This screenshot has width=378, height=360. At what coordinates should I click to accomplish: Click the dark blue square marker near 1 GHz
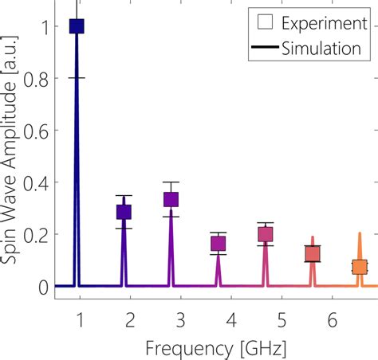click(x=77, y=26)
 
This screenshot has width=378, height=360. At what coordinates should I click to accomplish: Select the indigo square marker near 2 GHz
click(x=124, y=212)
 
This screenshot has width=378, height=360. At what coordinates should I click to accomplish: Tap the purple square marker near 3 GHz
click(x=171, y=199)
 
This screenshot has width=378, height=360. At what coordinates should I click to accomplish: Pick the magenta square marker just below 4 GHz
click(x=218, y=244)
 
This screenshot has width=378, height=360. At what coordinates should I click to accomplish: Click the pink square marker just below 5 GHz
click(x=266, y=234)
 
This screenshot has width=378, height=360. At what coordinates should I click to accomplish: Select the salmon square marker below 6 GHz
click(x=313, y=254)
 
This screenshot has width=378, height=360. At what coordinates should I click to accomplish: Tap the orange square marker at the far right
click(x=360, y=267)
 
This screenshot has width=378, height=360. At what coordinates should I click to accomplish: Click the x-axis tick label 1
click(x=80, y=320)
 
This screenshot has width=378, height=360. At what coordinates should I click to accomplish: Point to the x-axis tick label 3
click(x=180, y=320)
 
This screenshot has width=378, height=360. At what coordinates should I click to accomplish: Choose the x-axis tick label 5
click(x=281, y=320)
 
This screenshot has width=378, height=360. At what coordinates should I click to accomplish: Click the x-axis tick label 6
click(x=331, y=320)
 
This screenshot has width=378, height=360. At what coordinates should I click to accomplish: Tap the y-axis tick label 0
click(x=45, y=286)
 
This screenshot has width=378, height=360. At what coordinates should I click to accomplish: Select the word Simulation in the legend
click(x=320, y=49)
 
